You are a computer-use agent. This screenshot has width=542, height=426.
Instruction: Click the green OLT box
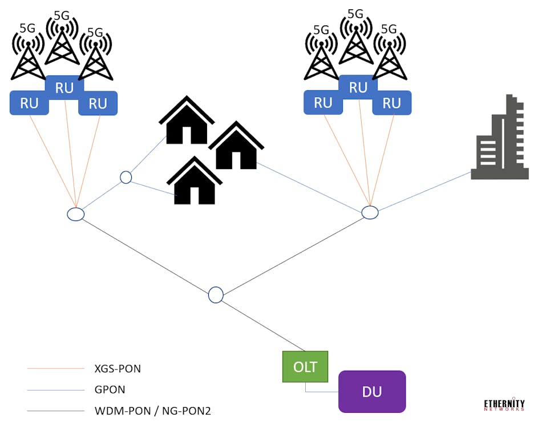(305, 367)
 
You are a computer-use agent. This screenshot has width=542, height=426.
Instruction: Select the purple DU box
(372, 392)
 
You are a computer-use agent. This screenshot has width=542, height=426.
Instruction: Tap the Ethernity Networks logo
(504, 404)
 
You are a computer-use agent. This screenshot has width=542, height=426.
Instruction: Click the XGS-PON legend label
(118, 369)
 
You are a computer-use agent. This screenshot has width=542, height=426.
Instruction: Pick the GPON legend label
(110, 390)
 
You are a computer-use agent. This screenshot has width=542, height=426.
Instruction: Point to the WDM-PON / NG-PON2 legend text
(152, 411)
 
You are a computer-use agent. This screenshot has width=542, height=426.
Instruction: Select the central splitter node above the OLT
(216, 295)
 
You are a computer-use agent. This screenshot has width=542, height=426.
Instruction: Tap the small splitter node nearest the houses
(126, 177)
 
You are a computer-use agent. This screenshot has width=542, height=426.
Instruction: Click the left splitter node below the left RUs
(76, 214)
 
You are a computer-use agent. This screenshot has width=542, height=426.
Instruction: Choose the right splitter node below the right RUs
(370, 212)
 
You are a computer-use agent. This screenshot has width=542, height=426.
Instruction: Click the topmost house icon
(187, 120)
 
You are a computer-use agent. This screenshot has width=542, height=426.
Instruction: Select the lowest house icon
(194, 181)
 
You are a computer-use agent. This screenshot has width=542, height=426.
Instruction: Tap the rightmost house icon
(236, 146)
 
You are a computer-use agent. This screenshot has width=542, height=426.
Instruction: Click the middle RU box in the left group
(64, 87)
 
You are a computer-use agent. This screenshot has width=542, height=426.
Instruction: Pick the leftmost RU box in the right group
(323, 103)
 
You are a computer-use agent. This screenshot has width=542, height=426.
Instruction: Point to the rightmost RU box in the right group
(392, 103)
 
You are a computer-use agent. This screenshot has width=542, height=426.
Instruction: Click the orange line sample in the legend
(55, 369)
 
